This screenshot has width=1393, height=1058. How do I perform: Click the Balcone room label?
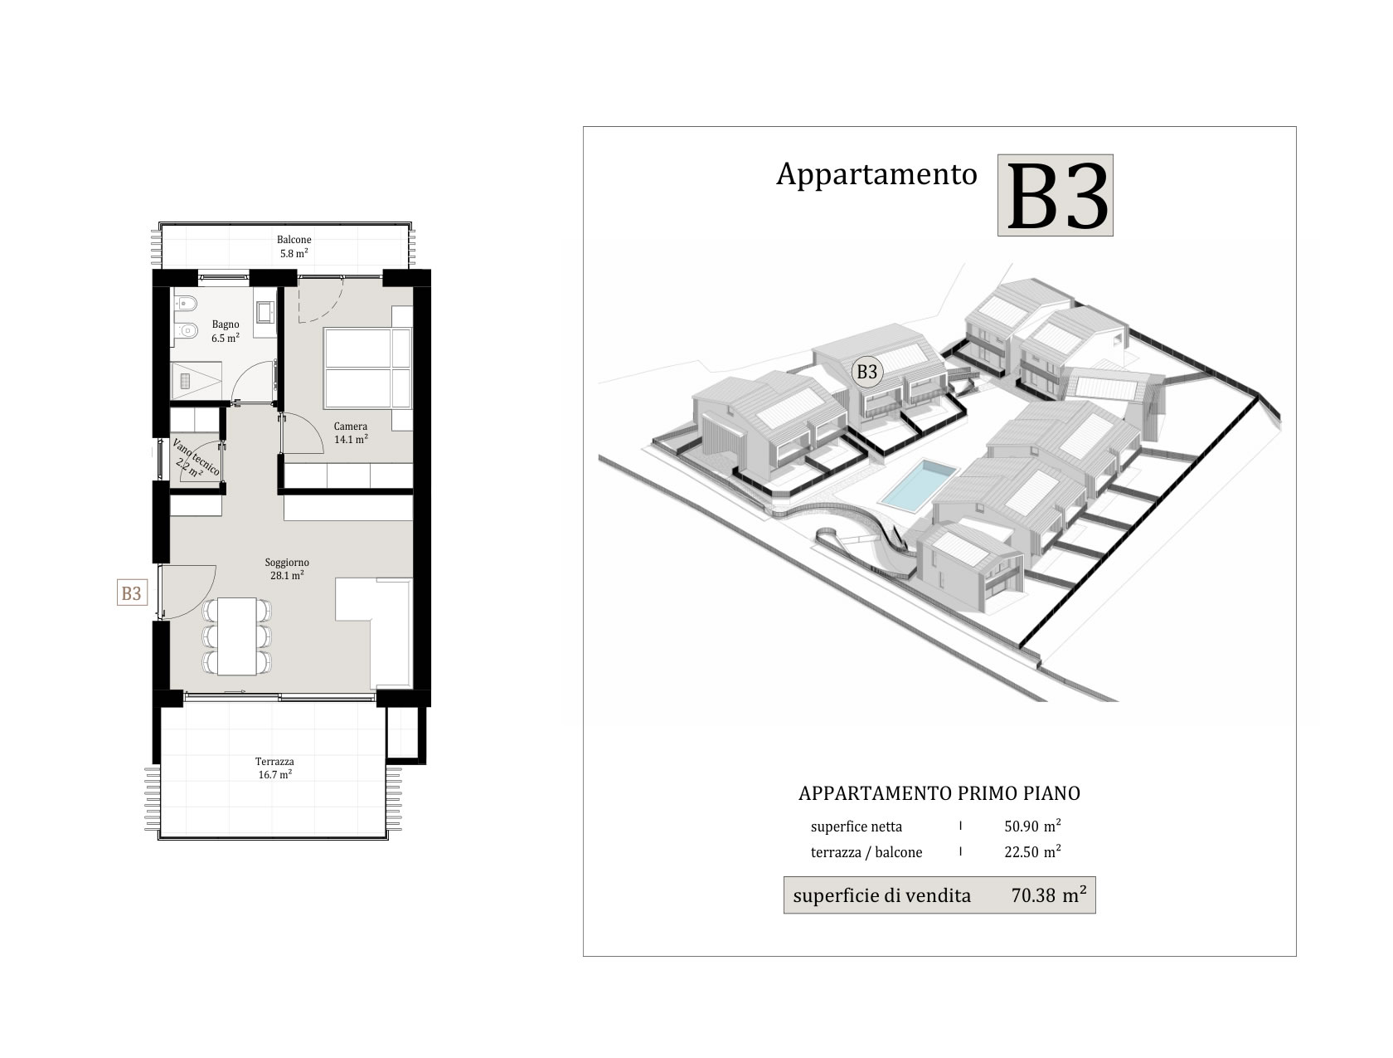click(294, 240)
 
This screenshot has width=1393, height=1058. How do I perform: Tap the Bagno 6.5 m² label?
click(226, 331)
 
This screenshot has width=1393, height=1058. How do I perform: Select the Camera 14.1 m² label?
click(351, 432)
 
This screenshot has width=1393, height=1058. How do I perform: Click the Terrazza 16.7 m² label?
click(274, 768)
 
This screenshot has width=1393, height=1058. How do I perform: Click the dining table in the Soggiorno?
click(236, 636)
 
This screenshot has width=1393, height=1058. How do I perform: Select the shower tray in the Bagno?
click(197, 380)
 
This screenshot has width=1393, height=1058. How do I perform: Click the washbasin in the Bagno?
click(265, 312)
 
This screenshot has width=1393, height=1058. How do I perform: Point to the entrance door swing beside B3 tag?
click(187, 592)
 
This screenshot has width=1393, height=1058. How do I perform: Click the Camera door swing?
click(302, 434)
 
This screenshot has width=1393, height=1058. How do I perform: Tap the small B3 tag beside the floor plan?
click(132, 592)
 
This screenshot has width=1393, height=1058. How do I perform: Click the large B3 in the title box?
click(1055, 196)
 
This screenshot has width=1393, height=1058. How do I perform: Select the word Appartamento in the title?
click(876, 174)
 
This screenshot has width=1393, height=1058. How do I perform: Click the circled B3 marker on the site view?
click(867, 372)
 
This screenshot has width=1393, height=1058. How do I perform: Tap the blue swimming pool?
click(918, 485)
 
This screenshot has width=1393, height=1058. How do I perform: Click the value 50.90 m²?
click(1032, 826)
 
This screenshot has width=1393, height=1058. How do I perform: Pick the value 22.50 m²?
click(1032, 851)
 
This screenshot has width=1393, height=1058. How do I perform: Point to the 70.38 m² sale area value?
click(1048, 895)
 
